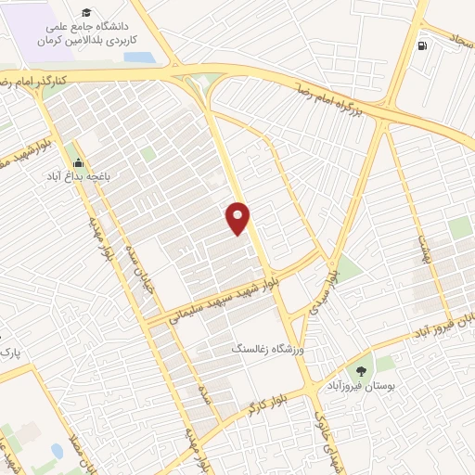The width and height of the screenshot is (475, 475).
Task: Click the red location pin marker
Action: point(238,218)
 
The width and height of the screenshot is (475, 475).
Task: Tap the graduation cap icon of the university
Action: point(86,13)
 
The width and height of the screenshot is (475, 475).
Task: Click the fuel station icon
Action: point(423,46)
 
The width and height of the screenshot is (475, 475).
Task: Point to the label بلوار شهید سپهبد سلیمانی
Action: point(212,298)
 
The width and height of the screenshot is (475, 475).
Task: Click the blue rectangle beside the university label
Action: point(138,58)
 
